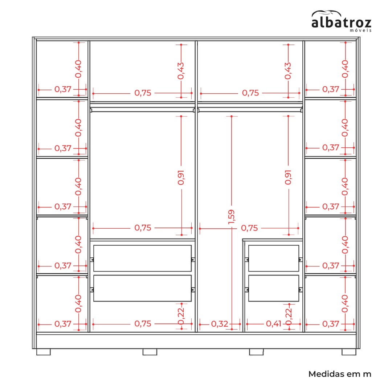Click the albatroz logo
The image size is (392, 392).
pyautogui.click(x=341, y=21)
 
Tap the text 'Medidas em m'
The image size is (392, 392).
pyautogui.click(x=340, y=374)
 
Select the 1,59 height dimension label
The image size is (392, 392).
pyautogui.click(x=231, y=217)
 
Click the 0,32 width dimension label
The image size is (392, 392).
pyautogui.click(x=220, y=324)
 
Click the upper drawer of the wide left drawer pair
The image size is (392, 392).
pyautogui.click(x=142, y=258)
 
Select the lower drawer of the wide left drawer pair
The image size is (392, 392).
pyautogui.click(x=142, y=288)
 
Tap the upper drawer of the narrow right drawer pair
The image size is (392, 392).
pyautogui.click(x=274, y=258)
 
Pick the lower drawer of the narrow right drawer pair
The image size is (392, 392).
pyautogui.click(x=274, y=288)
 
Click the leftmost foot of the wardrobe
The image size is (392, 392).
pyautogui.click(x=44, y=352)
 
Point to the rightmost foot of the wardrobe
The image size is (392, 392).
pyautogui.click(x=349, y=352)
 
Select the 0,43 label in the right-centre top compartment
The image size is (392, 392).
pyautogui.click(x=288, y=71)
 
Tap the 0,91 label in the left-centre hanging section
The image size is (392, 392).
pyautogui.click(x=181, y=177)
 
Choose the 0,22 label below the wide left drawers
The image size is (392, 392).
pyautogui.click(x=181, y=316)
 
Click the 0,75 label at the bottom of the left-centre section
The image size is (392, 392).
pyautogui.click(x=143, y=323)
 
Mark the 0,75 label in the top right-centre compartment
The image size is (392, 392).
pyautogui.click(x=250, y=93)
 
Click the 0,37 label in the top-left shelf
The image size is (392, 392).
pyautogui.click(x=63, y=89)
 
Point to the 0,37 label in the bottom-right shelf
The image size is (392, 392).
pyautogui.click(x=331, y=324)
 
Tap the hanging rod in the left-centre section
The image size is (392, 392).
pyautogui.click(x=143, y=110)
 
